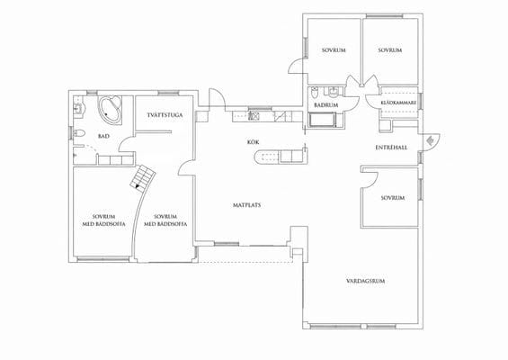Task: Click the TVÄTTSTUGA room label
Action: pos(165,115)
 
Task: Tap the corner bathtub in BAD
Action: pos(111,110)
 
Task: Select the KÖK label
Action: pos(253,142)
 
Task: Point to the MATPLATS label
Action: pos(247,205)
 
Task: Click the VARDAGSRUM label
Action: pos(365,281)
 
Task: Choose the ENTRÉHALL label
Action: pos(391,148)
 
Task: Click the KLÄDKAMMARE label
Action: pos(398,103)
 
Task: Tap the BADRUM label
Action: pos(325,105)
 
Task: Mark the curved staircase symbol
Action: pos(143,176)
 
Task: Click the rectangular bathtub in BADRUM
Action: pos(323,120)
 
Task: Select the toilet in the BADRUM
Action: pos(315,93)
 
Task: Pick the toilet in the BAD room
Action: pos(78,132)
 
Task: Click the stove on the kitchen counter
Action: pos(254,116)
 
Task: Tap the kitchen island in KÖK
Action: pos(281,157)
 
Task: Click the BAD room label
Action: pos(103,137)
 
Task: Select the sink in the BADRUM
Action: pos(333,92)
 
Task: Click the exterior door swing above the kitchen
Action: pos(216,97)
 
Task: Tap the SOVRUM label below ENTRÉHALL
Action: pos(392,198)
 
